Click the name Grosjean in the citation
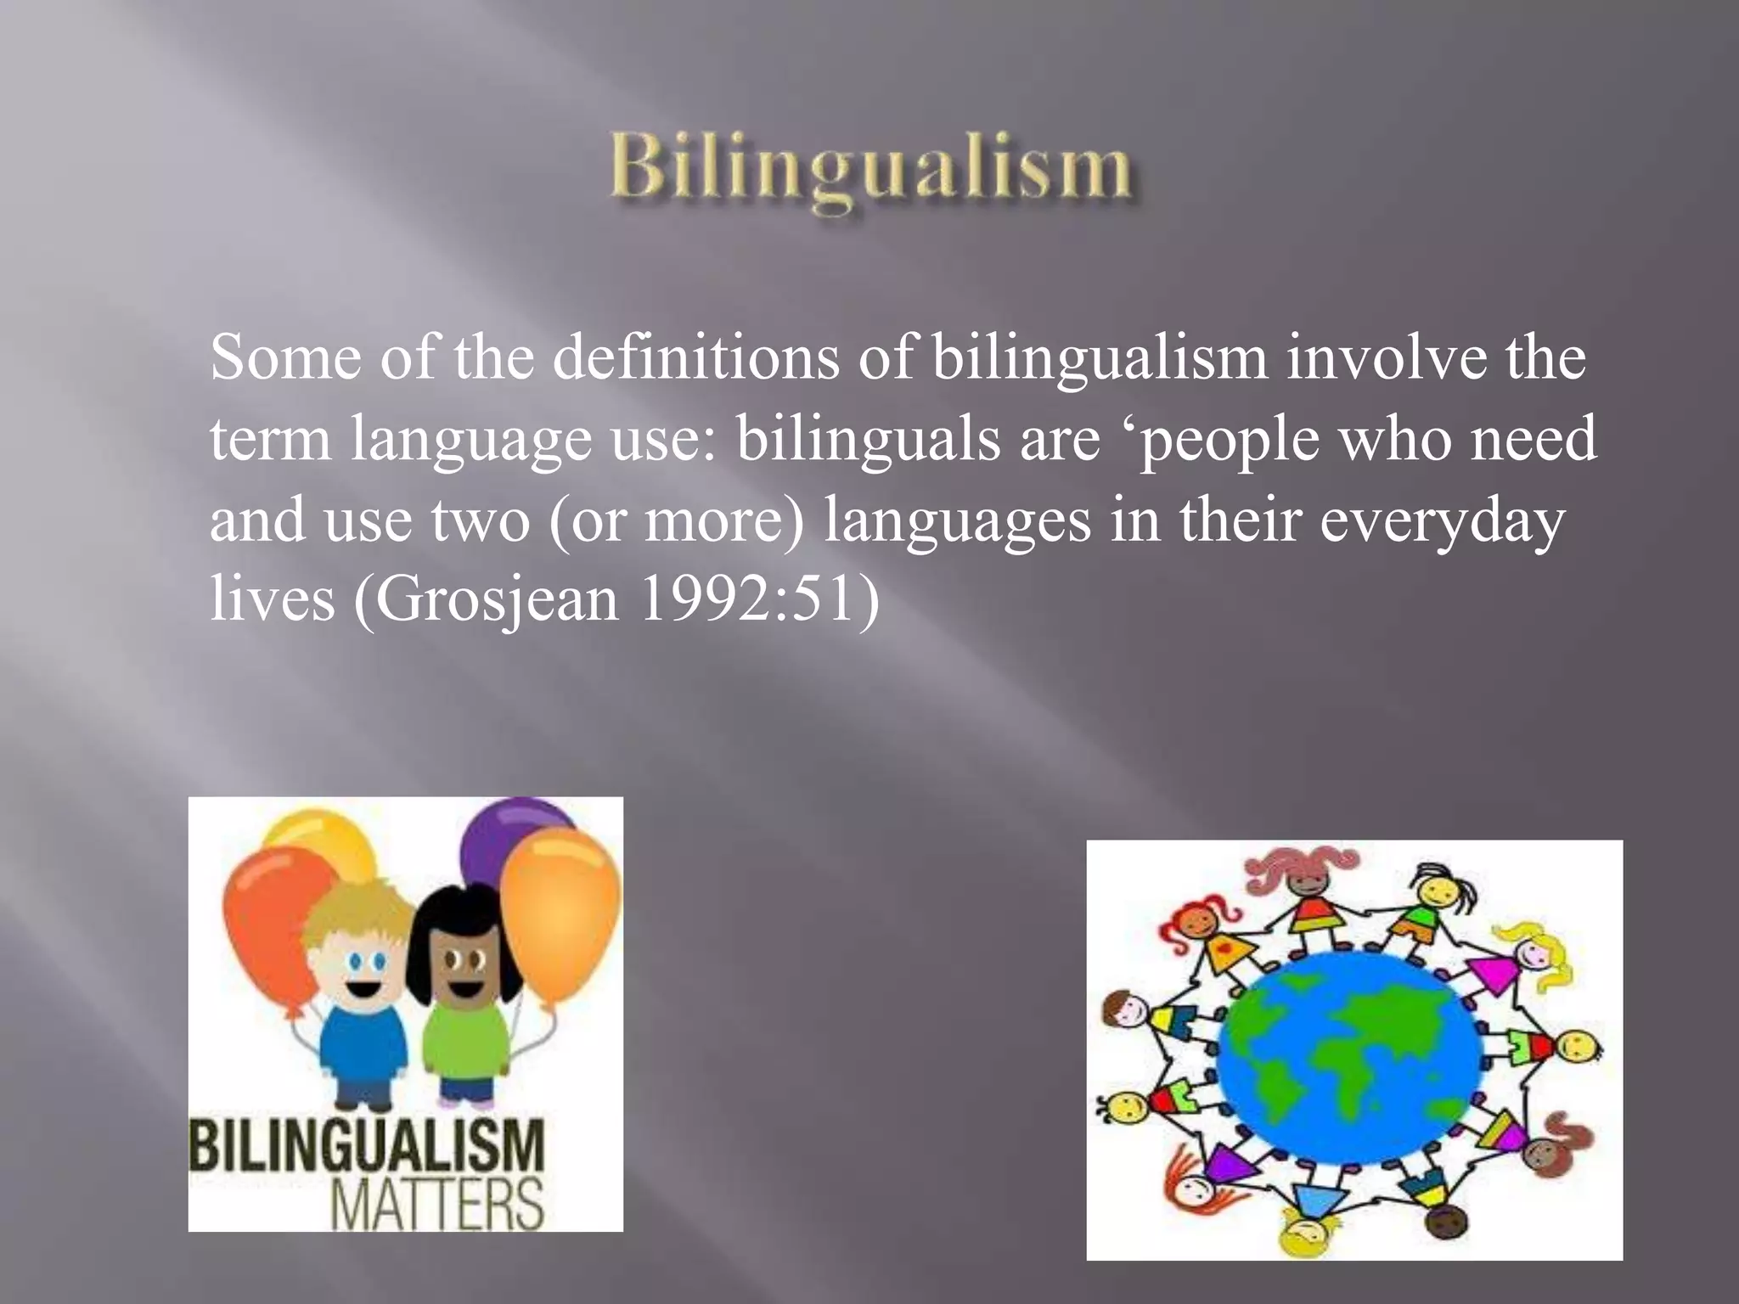(498, 599)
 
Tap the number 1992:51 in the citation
(746, 598)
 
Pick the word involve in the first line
(1386, 357)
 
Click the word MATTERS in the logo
(437, 1203)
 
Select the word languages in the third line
(957, 520)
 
